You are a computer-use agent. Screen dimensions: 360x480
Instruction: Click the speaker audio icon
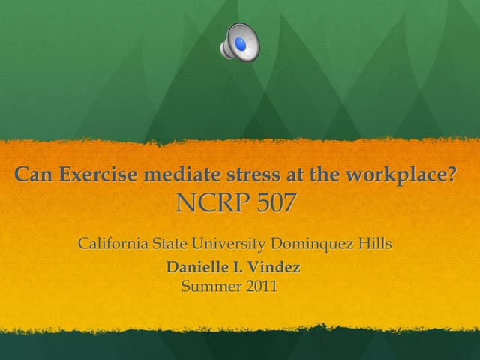click(239, 42)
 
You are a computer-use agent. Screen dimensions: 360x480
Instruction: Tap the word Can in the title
click(32, 176)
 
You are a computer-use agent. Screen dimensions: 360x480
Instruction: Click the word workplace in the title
click(394, 177)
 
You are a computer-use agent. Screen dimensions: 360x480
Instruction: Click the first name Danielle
click(200, 267)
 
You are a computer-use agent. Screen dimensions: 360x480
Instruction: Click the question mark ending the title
click(452, 176)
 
